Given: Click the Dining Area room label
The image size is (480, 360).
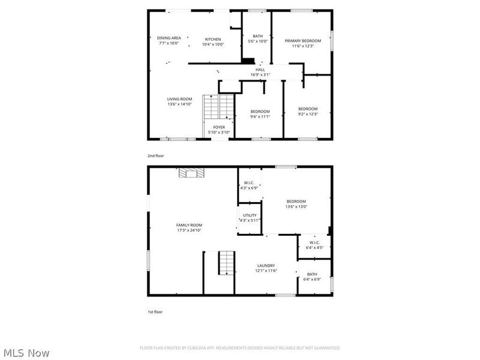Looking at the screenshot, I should click(169, 41).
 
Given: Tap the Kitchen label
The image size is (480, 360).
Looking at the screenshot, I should click(213, 41).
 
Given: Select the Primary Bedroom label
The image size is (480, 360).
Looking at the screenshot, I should click(302, 43).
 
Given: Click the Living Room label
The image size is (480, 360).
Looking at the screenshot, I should click(179, 101).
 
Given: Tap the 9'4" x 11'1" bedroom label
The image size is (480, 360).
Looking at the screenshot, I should click(260, 114).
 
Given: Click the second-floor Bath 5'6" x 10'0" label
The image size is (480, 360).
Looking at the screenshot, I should click(257, 39).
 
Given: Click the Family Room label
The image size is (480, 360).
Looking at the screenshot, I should click(189, 227).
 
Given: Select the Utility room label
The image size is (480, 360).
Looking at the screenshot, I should click(250, 218).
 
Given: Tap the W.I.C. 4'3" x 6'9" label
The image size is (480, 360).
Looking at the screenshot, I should click(250, 185).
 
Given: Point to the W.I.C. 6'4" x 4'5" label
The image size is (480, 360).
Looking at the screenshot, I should click(314, 245).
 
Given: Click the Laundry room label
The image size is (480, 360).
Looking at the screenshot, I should click(266, 268).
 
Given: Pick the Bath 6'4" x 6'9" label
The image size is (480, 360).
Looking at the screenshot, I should click(312, 277).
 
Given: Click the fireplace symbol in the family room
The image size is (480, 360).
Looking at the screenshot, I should click(191, 173).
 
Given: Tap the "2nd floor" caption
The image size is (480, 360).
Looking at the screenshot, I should click(155, 156).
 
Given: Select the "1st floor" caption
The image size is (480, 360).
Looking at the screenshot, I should click(155, 312).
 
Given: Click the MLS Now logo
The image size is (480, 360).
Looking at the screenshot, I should click(26, 353).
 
